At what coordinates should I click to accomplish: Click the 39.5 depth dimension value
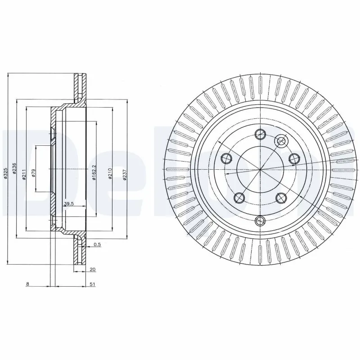point(68,204)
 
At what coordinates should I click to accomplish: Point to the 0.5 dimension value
point(97,245)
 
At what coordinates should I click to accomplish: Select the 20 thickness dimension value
point(92,270)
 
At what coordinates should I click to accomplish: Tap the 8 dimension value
point(27,284)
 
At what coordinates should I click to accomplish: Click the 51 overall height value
point(92,284)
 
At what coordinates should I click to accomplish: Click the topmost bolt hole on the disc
point(260,134)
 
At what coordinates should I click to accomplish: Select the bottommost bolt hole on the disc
point(260,220)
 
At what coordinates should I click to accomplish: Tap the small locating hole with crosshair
point(282,141)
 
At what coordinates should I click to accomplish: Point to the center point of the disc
point(260,169)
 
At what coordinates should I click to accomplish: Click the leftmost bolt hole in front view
point(226,158)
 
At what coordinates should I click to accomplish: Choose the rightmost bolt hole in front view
point(294,158)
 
